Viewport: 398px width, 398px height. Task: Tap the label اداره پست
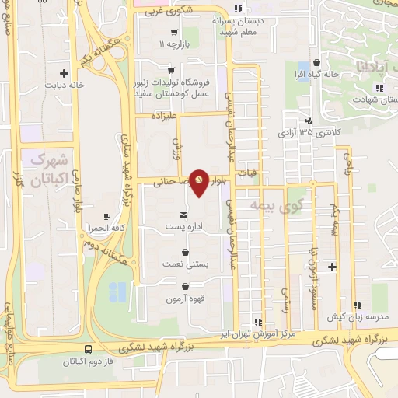pyautogui.click(x=183, y=227)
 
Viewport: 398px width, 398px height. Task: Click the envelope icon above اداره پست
pyautogui.click(x=183, y=214)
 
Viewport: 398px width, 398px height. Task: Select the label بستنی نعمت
pyautogui.click(x=184, y=264)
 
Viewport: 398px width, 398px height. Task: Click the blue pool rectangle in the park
pyautogui.click(x=118, y=292)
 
